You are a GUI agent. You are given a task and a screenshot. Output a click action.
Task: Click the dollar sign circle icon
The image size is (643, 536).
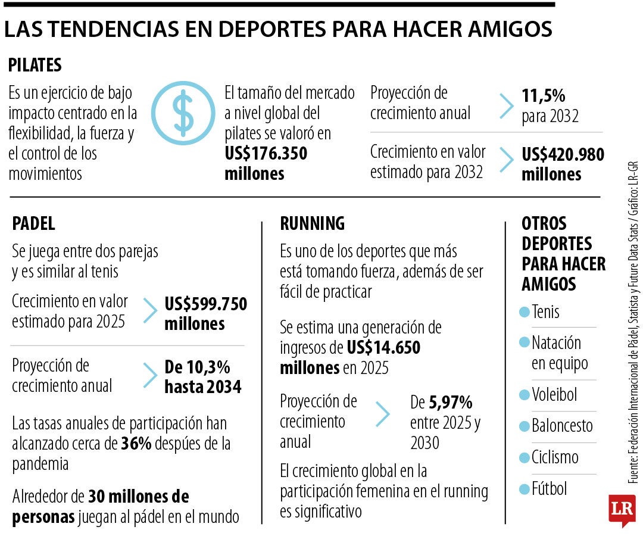pos(182,113)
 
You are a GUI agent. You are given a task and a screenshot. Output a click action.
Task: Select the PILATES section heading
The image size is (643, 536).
pos(35,65)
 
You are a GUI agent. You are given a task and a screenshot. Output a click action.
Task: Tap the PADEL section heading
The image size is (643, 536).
pos(33,223)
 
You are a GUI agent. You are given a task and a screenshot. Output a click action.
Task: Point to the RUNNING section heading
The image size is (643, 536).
pos(312,223)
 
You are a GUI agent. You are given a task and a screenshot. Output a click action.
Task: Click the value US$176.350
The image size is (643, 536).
pos(266,154)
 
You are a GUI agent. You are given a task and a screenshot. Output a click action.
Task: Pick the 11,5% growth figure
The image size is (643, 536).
pos(544,95)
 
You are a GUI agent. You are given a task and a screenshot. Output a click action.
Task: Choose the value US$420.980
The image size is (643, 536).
pos(563,155)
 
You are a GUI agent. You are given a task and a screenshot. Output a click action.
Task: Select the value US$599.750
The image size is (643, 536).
pos(205,304)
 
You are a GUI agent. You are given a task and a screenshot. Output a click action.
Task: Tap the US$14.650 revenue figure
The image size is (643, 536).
pos(383,348)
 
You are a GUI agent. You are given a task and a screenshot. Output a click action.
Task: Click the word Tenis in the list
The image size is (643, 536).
pos(545,311)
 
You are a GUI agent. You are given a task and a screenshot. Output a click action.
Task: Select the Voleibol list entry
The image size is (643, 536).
pos(554,394)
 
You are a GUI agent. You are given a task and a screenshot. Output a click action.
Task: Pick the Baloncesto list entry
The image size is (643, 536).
pos(562,426)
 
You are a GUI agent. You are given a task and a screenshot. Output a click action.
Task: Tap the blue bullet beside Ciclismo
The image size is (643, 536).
pos(524,458)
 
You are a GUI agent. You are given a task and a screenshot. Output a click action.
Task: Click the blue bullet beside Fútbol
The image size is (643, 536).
pos(524,489)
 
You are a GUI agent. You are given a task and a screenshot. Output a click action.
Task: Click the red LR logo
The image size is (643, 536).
pos(622,509)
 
